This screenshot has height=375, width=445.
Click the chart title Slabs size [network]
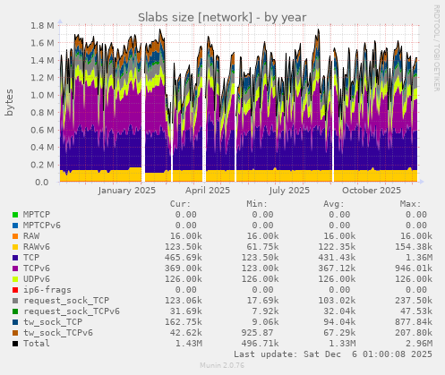pyautogui.click(x=222, y=17)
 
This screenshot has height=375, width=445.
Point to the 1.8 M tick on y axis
pyautogui.click(x=41, y=26)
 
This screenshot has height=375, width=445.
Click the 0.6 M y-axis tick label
pyautogui.click(x=41, y=130)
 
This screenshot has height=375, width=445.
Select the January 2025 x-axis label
pyautogui.click(x=126, y=190)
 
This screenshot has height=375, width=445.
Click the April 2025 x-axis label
pyautogui.click(x=208, y=190)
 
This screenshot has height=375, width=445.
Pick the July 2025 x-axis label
pyautogui.click(x=289, y=190)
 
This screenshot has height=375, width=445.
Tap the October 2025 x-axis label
pyautogui.click(x=372, y=190)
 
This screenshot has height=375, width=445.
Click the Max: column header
pyautogui.click(x=412, y=203)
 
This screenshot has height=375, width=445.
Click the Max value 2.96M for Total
pyautogui.click(x=411, y=344)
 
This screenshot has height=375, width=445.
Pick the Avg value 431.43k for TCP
pyautogui.click(x=335, y=258)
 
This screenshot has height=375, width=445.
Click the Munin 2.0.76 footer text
pyautogui.click(x=222, y=367)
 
